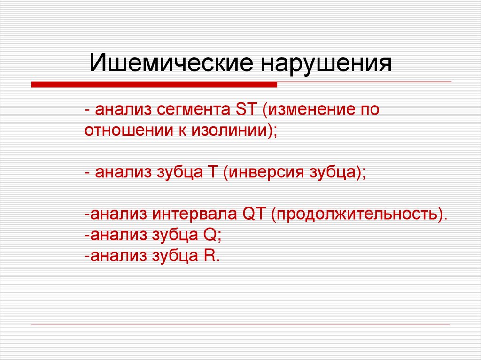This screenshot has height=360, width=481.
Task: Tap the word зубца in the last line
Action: (x=174, y=256)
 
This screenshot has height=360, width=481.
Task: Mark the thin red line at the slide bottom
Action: (x=240, y=325)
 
